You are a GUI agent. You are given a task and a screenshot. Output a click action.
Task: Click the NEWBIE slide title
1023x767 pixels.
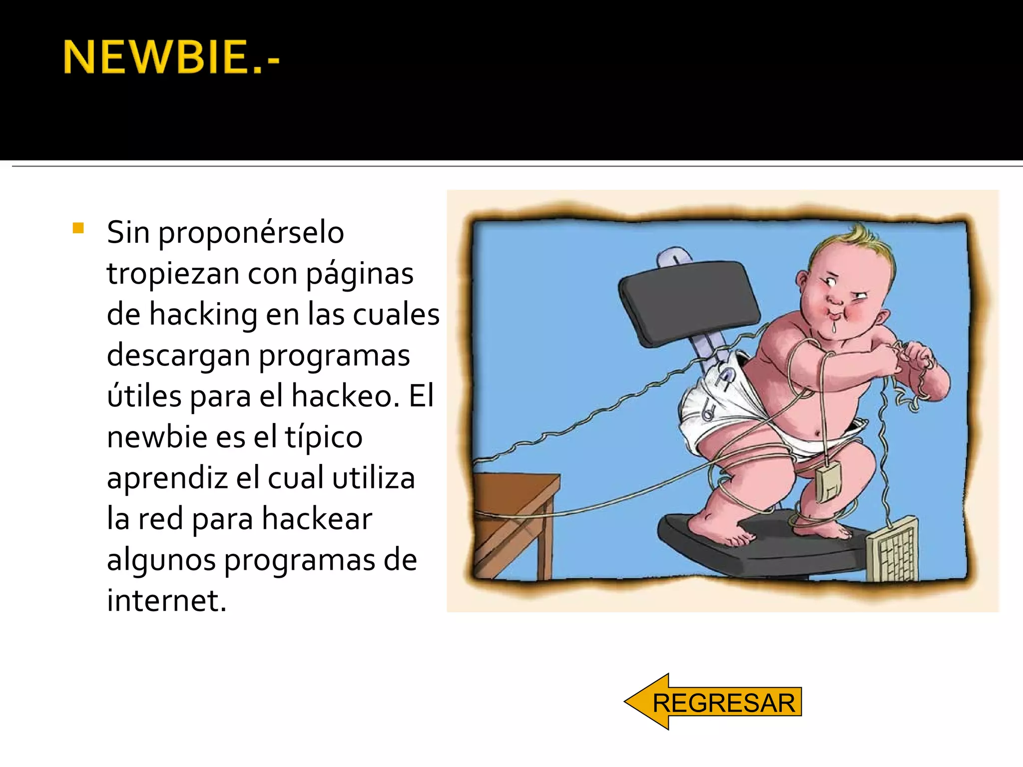(171, 57)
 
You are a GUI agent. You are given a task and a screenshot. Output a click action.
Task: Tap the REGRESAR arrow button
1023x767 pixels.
(713, 702)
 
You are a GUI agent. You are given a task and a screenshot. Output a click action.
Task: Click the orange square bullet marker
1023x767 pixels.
(78, 228)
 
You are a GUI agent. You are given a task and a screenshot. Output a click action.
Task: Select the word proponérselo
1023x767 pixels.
(251, 233)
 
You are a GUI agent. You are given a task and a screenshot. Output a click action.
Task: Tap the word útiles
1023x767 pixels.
(144, 396)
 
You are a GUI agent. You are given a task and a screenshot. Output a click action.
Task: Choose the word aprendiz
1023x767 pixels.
(167, 478)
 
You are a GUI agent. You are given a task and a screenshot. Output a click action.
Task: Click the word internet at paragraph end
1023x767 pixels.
(166, 601)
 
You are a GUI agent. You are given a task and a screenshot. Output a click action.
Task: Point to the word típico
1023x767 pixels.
(324, 437)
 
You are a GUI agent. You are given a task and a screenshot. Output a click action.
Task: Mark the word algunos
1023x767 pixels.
(161, 560)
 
